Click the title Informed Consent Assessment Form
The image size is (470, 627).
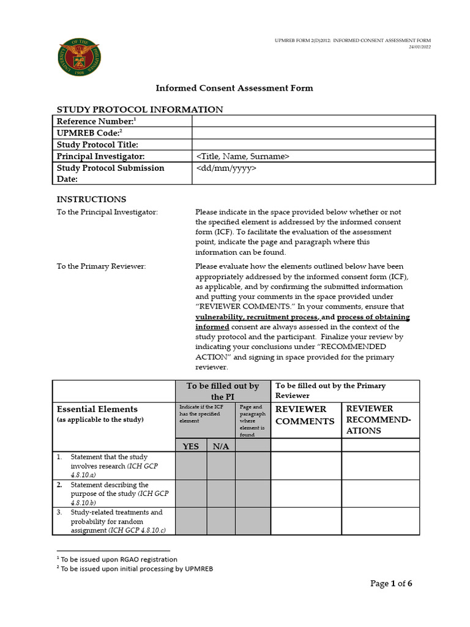coord(234,88)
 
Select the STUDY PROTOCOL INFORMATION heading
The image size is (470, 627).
coord(140,110)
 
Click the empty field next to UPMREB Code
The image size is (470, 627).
coord(313,133)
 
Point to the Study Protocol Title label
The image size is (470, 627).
coord(97,145)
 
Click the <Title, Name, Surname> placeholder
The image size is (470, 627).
coord(243,157)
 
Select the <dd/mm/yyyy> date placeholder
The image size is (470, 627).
coord(226,168)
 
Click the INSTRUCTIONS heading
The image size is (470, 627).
coord(91,199)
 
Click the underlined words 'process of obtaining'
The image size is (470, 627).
coord(373,317)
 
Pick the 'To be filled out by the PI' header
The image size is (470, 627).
coord(223,391)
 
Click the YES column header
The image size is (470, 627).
coord(191,446)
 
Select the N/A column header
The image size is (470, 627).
coord(220,446)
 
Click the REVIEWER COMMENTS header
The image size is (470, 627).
coord(305,415)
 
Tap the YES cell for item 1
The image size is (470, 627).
coord(191,466)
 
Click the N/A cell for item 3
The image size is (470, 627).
coord(220,521)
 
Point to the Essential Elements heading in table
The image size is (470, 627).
coord(97,409)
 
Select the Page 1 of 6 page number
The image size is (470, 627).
coord(391,584)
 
